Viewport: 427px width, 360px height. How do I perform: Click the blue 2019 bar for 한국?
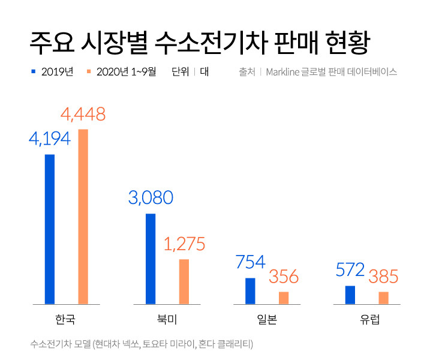point(50,229)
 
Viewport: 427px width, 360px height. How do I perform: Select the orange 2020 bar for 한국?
point(83,217)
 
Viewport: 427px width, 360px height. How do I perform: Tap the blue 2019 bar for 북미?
point(151,259)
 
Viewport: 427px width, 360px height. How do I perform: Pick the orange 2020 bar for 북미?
point(184,281)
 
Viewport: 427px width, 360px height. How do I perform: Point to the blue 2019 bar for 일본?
point(250,291)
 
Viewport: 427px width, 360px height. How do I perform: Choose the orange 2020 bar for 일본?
point(284,298)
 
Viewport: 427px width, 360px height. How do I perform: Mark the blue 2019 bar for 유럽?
point(350,295)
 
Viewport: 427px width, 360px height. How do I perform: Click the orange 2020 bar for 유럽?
point(384,298)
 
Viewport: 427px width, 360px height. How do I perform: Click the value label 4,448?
point(83,114)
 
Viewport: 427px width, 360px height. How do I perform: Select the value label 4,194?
point(50,139)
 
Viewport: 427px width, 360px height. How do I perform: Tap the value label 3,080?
point(151,198)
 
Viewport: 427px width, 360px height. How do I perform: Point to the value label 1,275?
point(184,244)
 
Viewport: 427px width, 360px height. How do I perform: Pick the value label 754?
point(250,262)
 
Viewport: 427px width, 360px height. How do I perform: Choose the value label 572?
point(350,270)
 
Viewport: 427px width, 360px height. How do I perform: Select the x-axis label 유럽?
point(366,319)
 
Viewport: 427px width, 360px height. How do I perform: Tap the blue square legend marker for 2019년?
point(34,71)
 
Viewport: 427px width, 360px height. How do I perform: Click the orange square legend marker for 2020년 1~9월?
point(89,71)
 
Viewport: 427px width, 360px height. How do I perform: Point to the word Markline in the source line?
point(287,72)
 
